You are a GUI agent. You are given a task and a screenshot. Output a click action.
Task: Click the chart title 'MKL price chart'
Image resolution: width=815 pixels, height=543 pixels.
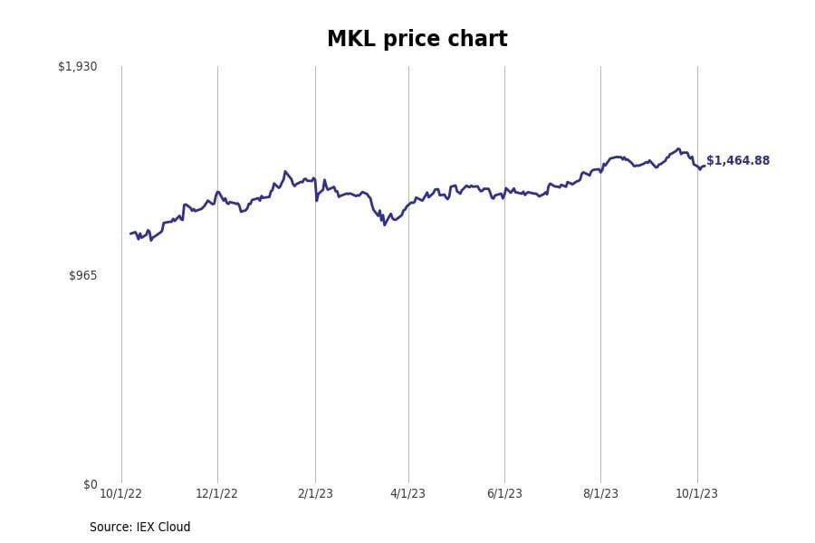(417, 40)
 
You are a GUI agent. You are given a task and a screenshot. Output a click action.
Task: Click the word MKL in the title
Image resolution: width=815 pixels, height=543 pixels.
(349, 40)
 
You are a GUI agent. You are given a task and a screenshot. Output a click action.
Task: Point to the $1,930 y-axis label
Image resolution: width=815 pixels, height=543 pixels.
(77, 67)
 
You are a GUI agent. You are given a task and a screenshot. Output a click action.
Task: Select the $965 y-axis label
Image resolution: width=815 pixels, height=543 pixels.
(82, 275)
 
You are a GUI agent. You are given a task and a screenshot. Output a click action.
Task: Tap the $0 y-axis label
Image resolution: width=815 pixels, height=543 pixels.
(90, 485)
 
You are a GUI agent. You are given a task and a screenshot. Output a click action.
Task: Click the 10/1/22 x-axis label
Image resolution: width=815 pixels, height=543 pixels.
(120, 494)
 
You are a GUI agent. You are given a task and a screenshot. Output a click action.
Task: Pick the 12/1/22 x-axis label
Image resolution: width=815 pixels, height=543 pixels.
(216, 494)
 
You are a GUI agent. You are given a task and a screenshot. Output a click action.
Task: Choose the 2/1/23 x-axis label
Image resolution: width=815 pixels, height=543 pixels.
(315, 494)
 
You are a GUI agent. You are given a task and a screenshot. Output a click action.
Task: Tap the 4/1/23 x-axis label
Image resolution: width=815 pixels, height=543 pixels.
(407, 494)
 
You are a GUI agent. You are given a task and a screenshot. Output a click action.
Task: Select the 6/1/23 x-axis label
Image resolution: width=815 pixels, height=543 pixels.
(504, 494)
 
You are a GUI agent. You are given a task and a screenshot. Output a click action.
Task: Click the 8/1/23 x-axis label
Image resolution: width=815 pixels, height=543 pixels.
(600, 494)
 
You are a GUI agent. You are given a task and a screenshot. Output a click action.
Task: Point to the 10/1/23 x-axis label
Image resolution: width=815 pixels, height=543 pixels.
(696, 494)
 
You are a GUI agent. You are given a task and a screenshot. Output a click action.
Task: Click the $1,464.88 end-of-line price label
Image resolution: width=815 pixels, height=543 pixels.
(737, 161)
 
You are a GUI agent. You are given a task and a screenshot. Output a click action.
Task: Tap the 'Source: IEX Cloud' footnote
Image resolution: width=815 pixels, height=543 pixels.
(139, 528)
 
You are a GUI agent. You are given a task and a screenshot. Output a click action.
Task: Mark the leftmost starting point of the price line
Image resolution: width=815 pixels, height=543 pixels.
(130, 233)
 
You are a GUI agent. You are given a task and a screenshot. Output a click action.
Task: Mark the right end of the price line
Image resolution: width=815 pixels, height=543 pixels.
(704, 166)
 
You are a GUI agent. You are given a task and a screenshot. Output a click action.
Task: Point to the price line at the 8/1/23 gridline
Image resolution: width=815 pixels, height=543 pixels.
(600, 169)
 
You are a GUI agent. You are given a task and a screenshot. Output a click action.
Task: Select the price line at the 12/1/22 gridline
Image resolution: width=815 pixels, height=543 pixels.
(217, 192)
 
